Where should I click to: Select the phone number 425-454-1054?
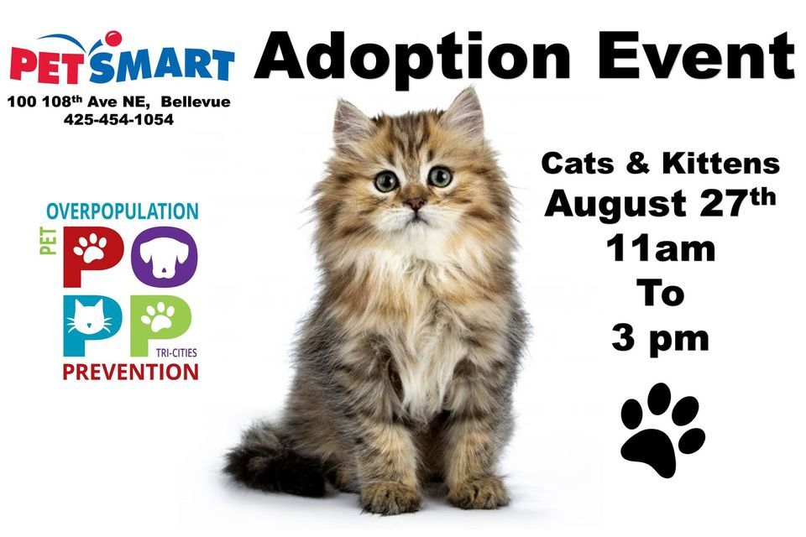point(118,120)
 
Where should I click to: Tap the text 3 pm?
point(660,337)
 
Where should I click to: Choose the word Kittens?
point(721,163)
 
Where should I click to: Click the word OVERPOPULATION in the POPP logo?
point(123,211)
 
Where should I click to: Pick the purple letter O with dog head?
point(169,253)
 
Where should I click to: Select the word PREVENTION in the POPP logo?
point(130,371)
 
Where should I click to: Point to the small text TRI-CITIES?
point(176,353)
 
